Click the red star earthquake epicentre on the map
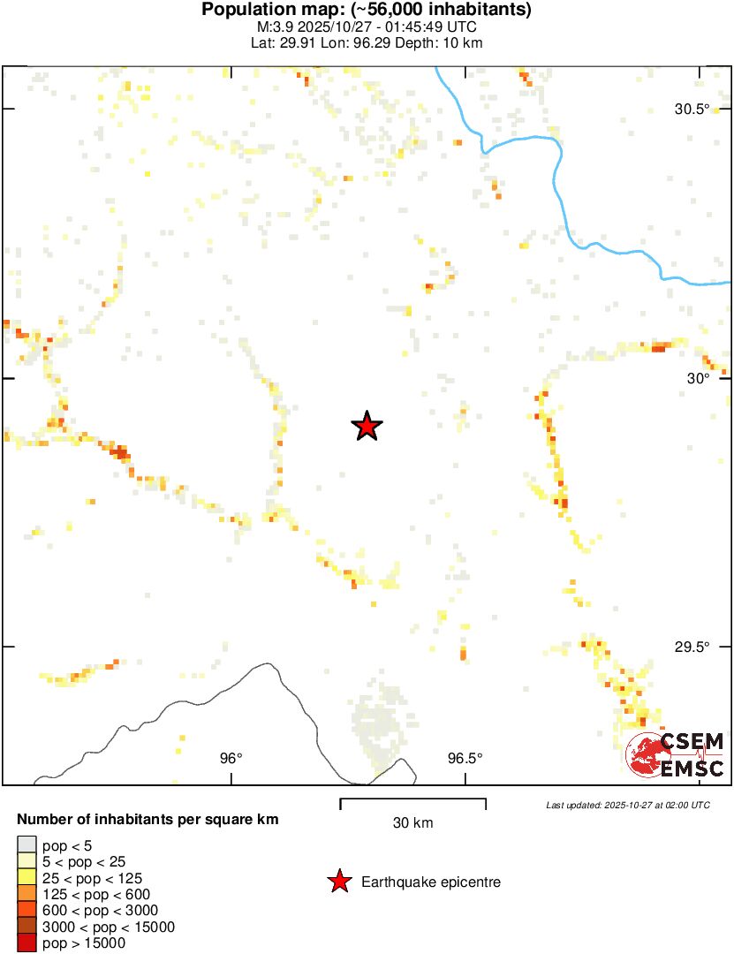point(367,427)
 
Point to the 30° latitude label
point(699,378)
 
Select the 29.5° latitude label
point(692,647)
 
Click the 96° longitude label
point(231,758)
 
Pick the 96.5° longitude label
point(465,758)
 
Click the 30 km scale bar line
point(413,800)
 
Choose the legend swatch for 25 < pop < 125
point(26,878)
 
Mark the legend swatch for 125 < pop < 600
point(26,895)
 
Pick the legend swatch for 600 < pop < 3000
point(26,911)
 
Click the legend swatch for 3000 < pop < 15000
point(26,927)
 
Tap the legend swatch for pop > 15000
point(26,943)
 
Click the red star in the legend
point(338,882)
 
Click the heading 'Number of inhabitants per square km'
point(148,820)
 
